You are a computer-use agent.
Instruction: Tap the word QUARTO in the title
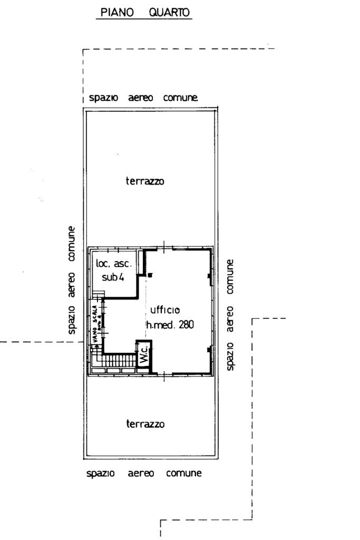[x=169, y=13]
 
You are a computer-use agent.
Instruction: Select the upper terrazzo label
[x=145, y=181]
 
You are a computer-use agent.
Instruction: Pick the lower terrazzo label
[x=145, y=423]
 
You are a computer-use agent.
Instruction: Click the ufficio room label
[x=165, y=310]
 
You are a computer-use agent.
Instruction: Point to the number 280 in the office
[x=186, y=324]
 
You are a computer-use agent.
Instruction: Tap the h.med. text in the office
[x=161, y=324]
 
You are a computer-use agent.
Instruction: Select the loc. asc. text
[x=113, y=264]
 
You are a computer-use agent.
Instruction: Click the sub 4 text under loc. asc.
[x=113, y=277]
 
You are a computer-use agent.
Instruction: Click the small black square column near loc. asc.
[x=150, y=275]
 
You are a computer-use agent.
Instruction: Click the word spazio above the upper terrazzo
[x=103, y=98]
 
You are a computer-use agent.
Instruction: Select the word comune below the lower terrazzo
[x=184, y=473]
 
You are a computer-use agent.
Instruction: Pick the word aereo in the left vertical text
[x=71, y=285]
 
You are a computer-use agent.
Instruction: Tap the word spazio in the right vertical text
[x=230, y=356]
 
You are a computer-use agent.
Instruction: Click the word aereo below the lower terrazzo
[x=141, y=473]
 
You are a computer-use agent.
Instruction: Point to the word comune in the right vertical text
[x=230, y=276]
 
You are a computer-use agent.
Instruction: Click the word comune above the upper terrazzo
[x=181, y=98]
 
